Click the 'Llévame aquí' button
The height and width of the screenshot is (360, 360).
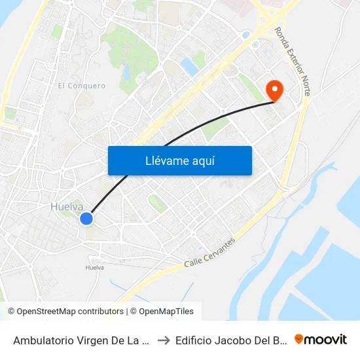pos(179,160)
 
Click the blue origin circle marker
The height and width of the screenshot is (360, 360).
pos(86,219)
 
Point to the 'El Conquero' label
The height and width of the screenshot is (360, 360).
pos(81,86)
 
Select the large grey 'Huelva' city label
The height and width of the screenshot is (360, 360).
pos(67,206)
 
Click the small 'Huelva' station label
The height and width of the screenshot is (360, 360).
pos(95,267)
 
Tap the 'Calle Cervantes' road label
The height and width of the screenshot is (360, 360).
pos(209,252)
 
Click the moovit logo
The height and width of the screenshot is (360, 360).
pos(321,339)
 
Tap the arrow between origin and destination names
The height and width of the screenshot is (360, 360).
pos(164,340)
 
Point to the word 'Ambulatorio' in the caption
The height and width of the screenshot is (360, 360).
pos(43,340)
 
